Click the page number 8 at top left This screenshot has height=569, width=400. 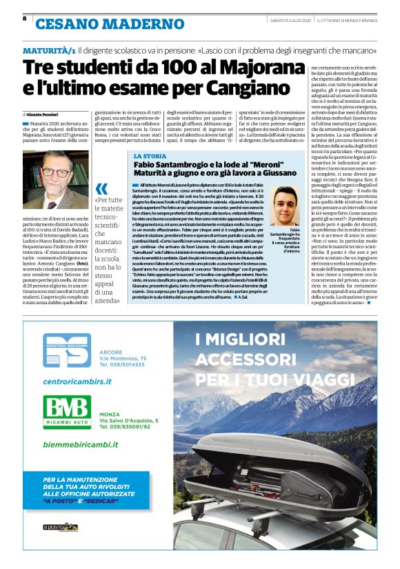coord(24,19)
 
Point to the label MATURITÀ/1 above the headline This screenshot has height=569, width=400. coord(49,51)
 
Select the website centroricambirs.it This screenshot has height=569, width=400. coord(76,379)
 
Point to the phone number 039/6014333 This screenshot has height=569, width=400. coord(132,366)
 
